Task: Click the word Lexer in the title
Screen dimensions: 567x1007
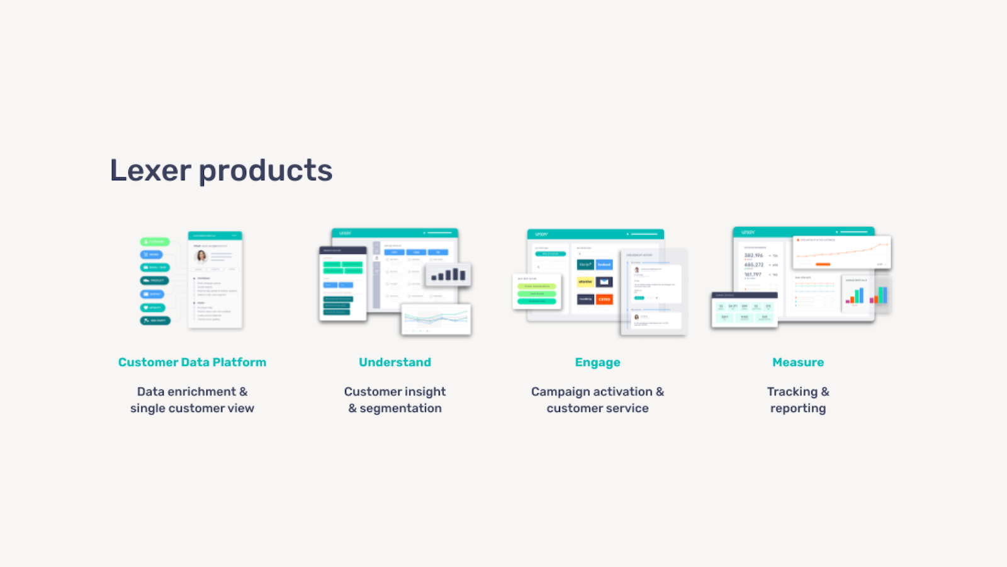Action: point(150,170)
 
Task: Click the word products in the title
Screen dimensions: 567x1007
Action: point(266,171)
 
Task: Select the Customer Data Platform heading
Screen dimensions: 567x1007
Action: point(192,362)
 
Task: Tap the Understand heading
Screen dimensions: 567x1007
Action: point(395,362)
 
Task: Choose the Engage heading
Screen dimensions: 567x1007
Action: point(597,362)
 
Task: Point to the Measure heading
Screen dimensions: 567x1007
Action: point(797,362)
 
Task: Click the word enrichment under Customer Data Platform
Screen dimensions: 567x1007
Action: point(202,392)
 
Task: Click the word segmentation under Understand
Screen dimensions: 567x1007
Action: point(400,408)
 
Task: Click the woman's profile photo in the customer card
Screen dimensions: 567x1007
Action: point(201,256)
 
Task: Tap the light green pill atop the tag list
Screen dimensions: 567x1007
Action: point(155,241)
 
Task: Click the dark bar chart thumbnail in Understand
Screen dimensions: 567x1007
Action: point(448,274)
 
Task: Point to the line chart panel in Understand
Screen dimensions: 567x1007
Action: point(436,319)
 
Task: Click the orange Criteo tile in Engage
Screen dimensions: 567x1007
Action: point(604,299)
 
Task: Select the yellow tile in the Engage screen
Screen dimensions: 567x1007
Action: point(585,282)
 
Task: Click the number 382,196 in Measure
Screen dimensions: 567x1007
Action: point(753,255)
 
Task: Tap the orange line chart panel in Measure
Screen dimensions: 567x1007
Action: point(841,251)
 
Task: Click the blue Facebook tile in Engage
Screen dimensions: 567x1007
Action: point(604,265)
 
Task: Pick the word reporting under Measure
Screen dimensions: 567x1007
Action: point(797,408)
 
